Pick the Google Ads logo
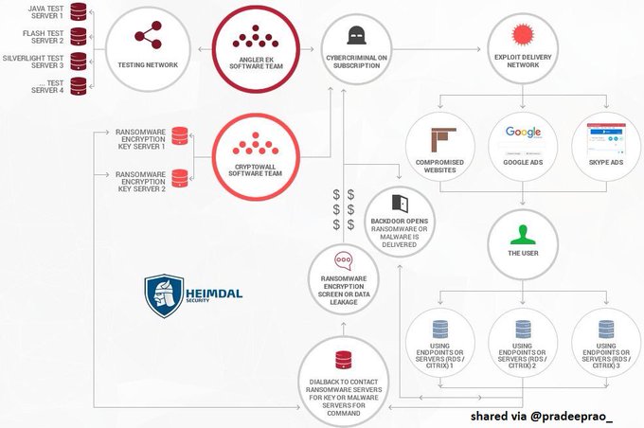[523, 134]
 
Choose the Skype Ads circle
[605, 151]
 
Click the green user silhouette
[522, 234]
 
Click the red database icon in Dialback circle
[344, 359]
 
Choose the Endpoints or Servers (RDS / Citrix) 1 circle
[439, 347]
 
